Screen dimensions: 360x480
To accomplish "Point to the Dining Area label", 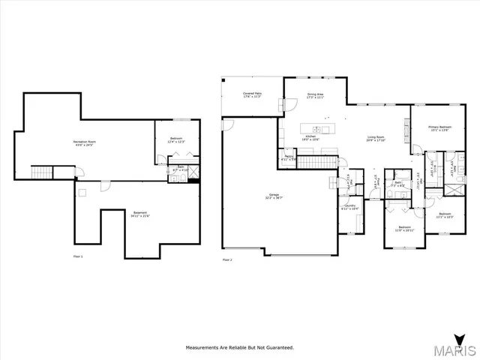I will (x=315, y=95).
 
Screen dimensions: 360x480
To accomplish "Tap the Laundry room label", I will (x=350, y=207).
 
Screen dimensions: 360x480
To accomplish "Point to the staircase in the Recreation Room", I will (x=41, y=173).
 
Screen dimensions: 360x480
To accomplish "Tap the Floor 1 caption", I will (x=77, y=257).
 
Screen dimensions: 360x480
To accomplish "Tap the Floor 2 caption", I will (x=227, y=260).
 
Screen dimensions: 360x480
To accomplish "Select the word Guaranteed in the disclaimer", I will (x=277, y=348).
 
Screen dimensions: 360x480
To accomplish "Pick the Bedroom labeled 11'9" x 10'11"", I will (x=404, y=228).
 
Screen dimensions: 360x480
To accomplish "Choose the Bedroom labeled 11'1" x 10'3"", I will (x=445, y=215).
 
